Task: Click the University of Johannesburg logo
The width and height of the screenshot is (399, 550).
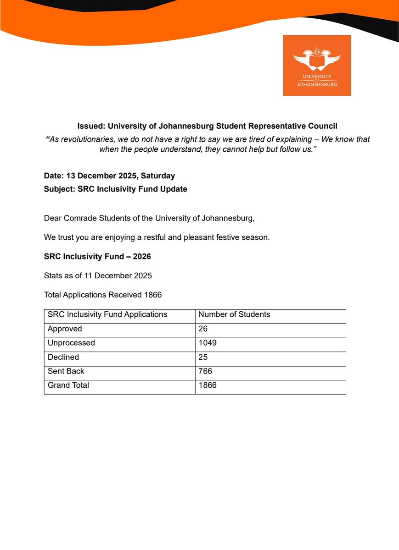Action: (x=317, y=65)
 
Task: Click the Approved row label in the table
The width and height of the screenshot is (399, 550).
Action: (x=65, y=329)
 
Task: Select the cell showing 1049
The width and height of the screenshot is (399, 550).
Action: (x=208, y=343)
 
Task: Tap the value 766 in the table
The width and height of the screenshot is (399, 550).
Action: (x=205, y=371)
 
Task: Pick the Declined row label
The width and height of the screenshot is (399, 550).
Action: (x=63, y=357)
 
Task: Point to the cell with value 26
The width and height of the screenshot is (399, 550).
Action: (x=203, y=329)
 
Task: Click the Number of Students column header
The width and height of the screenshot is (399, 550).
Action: (x=234, y=314)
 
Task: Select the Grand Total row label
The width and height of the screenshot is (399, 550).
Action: (x=68, y=385)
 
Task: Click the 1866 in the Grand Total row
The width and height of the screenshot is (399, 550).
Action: (x=208, y=385)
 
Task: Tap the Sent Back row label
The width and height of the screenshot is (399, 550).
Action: (x=66, y=371)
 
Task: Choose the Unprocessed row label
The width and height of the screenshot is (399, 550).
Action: (x=71, y=343)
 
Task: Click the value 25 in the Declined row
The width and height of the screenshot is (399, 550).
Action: (x=203, y=357)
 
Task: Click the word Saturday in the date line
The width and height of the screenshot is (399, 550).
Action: (x=159, y=176)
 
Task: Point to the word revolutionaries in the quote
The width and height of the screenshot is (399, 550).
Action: (x=88, y=139)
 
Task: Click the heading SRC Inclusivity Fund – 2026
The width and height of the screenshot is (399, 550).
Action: (x=97, y=256)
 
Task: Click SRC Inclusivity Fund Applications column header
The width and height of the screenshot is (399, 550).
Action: (x=107, y=314)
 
